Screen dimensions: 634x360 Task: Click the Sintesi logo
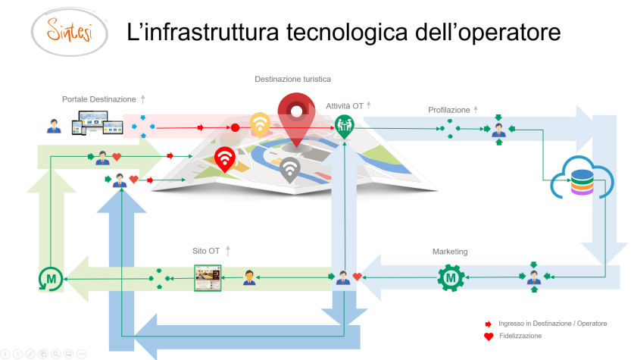pos(69,32)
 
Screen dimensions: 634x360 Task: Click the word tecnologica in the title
pos(347,33)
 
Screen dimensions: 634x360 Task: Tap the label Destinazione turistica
pos(292,79)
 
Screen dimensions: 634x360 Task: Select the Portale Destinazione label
pos(98,99)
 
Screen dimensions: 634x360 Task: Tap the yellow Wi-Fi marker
pos(260,124)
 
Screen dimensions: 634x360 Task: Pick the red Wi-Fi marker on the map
pos(225,159)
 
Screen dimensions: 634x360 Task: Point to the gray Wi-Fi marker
pos(289,170)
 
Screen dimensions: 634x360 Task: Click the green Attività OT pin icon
pos(344,127)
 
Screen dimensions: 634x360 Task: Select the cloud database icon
pos(582,177)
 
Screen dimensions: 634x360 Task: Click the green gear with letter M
pos(451,278)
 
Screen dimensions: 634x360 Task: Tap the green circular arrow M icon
pos(51,279)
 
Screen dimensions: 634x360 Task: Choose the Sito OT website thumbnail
pos(208,278)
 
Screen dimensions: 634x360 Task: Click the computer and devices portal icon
pos(97,123)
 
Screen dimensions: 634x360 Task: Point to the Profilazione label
pos(449,110)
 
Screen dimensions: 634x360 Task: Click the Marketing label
pos(450,252)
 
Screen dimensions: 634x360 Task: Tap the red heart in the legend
pos(489,337)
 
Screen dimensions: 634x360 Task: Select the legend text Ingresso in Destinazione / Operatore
pos(552,324)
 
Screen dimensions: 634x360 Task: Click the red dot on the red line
pos(235,128)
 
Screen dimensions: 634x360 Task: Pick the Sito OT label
pos(206,251)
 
